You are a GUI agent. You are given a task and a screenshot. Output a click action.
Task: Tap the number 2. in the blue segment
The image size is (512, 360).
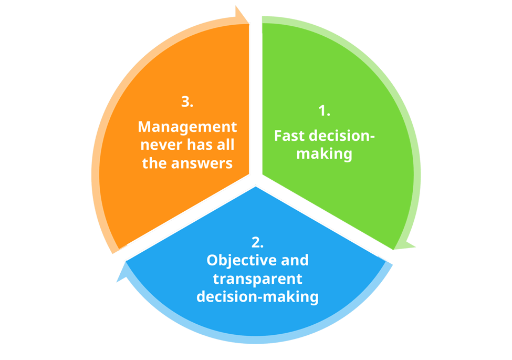257,242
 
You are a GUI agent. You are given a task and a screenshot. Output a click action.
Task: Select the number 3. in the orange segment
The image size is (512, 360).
187,102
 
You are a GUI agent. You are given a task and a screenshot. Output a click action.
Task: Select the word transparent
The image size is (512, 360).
257,279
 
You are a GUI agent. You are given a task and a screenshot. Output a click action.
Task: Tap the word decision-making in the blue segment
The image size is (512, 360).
257,297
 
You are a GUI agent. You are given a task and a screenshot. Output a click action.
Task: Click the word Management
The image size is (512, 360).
187,127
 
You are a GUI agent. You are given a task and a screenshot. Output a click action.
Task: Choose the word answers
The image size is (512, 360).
203,163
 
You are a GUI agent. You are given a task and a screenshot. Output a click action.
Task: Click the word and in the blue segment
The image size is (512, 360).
295,261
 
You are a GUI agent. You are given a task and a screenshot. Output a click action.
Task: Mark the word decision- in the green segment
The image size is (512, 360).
342,136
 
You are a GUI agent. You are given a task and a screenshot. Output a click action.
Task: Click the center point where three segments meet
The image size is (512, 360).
256,179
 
